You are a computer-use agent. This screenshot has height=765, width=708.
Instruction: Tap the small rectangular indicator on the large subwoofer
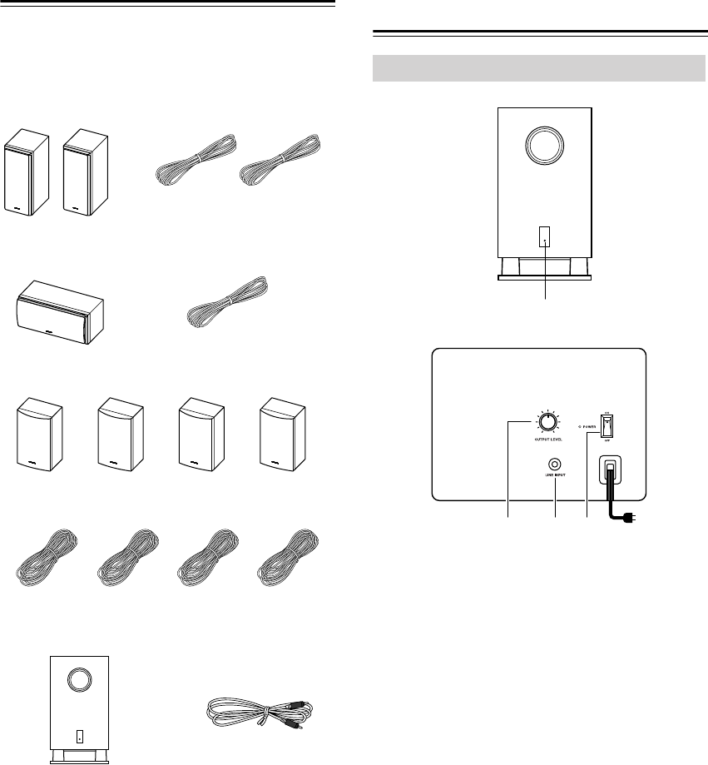tap(545, 237)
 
